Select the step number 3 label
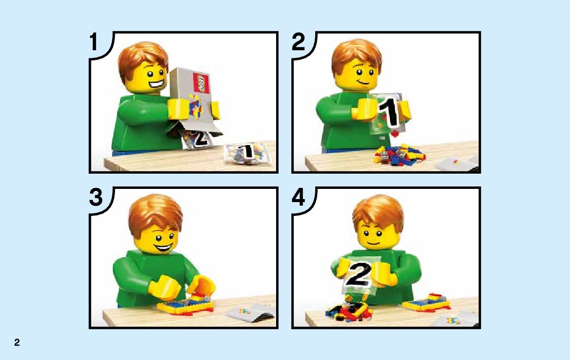(x=96, y=198)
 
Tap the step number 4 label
(x=298, y=198)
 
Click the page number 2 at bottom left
(x=17, y=342)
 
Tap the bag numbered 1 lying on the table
(x=247, y=153)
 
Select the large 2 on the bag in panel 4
(x=358, y=274)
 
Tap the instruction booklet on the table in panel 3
(x=250, y=312)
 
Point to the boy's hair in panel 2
(x=357, y=54)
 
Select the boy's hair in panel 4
(x=378, y=213)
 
